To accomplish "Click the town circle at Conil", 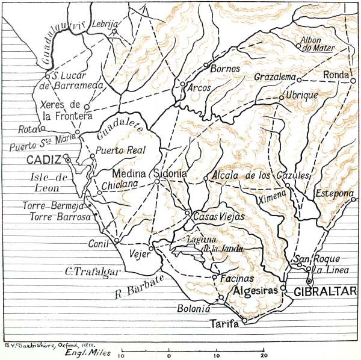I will pos(117,240).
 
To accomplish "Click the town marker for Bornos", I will pos(206,65).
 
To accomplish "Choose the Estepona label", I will pos(333,194).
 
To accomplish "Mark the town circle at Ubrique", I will pos(280,97).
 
